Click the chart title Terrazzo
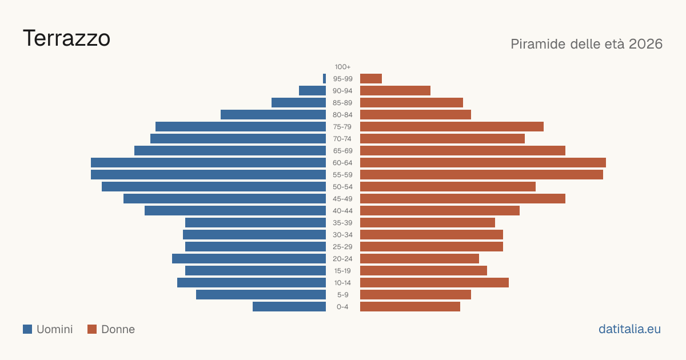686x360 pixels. (66, 39)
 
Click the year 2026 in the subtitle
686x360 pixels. (645, 44)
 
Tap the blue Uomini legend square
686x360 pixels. (27, 329)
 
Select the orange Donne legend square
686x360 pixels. (92, 329)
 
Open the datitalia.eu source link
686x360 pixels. (629, 329)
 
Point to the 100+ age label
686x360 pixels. (342, 67)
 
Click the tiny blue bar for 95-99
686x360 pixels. (324, 79)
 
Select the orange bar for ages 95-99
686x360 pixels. (371, 79)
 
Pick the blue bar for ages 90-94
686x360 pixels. (312, 91)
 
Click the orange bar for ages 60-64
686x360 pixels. (483, 162)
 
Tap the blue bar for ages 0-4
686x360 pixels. (289, 307)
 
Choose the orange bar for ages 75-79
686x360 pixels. (452, 127)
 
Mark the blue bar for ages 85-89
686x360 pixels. (298, 102)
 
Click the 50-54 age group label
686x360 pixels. (342, 187)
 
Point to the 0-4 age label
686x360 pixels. (342, 307)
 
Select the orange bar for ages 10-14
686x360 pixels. (434, 282)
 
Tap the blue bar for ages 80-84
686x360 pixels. (273, 115)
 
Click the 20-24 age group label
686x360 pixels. (342, 259)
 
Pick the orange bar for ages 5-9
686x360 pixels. (416, 295)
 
